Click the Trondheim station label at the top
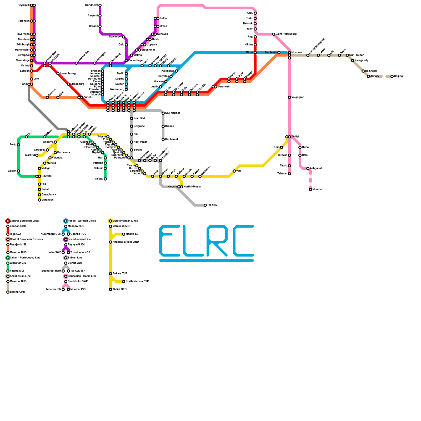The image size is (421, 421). pyautogui.click(x=91, y=5)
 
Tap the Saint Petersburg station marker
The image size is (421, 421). pyautogui.click(x=274, y=34)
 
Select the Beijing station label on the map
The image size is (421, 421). pyautogui.click(x=398, y=76)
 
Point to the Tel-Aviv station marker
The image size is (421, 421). pyautogui.click(x=205, y=205)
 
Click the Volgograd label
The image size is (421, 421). pyautogui.click(x=298, y=97)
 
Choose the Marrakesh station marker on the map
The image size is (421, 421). pyautogui.click(x=39, y=200)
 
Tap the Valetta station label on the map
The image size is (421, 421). pyautogui.click(x=99, y=179)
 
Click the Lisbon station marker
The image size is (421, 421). pyautogui.click(x=18, y=171)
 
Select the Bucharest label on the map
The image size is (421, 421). pyautogui.click(x=172, y=139)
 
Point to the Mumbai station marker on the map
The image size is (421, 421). pyautogui.click(x=310, y=189)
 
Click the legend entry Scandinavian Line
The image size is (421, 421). pyautogui.click(x=79, y=239)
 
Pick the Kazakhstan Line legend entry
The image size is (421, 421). pyautogui.click(x=20, y=276)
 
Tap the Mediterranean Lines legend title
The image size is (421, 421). pyautogui.click(x=125, y=221)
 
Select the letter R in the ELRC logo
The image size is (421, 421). pyautogui.click(x=217, y=241)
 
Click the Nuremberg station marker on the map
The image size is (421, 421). pyautogui.click(x=126, y=89)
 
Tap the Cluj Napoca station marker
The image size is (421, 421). pyautogui.click(x=163, y=113)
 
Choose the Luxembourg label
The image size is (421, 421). pyautogui.click(x=68, y=74)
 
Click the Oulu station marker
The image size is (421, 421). pyautogui.click(x=255, y=13)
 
